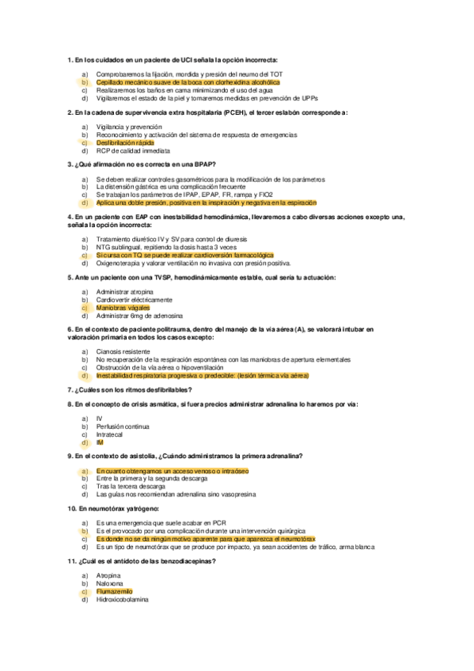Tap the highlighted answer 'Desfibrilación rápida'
[125, 142]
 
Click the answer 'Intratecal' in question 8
[110, 434]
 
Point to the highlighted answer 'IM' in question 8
[100, 442]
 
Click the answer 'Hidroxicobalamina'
[123, 600]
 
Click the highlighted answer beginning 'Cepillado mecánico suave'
[188, 82]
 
